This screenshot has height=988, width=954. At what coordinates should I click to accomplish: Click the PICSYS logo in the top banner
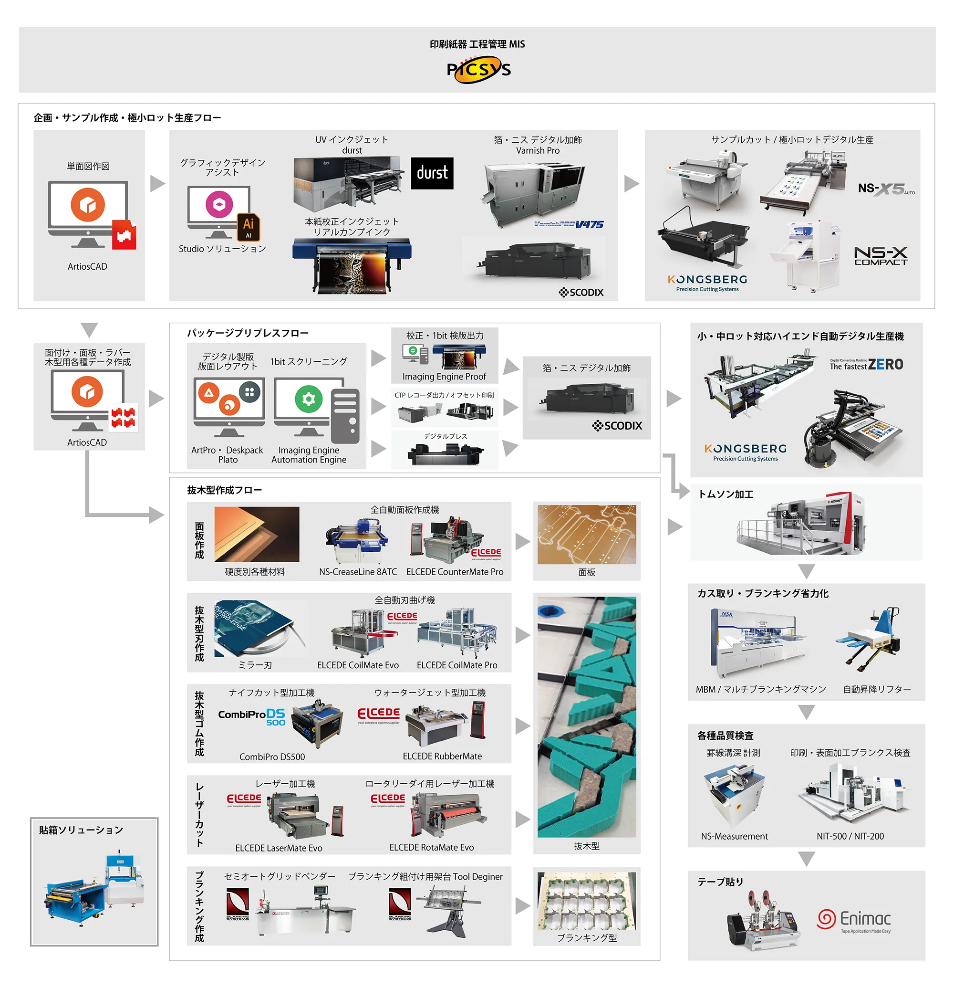478,70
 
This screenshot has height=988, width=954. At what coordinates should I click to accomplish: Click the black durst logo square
432,173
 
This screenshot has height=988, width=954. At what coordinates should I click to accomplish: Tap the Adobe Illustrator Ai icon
249,226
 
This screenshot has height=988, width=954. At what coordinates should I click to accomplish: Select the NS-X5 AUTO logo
885,189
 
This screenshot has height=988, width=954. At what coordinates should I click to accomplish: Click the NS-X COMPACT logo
880,255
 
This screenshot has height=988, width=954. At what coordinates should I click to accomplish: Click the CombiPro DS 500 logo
252,716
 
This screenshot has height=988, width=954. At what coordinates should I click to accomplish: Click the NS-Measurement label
734,836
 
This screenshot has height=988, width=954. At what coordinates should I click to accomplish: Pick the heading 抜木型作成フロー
224,490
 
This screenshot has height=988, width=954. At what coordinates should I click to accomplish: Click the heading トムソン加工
725,494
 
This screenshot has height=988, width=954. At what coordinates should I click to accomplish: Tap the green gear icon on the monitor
308,399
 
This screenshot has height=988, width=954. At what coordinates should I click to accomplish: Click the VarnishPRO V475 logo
569,225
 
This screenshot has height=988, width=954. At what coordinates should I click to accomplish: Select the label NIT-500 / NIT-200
850,836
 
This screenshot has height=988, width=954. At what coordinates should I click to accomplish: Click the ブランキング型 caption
586,938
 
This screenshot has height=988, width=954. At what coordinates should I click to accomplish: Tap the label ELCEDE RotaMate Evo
431,848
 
